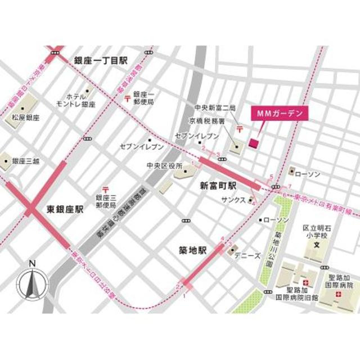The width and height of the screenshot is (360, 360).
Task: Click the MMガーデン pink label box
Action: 280,113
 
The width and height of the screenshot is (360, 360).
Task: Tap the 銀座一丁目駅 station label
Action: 101,60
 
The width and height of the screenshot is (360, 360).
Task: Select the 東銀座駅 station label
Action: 65,209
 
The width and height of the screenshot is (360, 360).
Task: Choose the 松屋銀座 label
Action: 26,118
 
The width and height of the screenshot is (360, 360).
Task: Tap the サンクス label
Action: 233,200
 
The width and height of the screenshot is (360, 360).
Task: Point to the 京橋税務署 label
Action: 206,121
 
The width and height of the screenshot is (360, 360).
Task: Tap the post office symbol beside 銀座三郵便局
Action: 105,191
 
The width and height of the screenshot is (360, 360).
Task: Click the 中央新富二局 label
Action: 214,107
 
